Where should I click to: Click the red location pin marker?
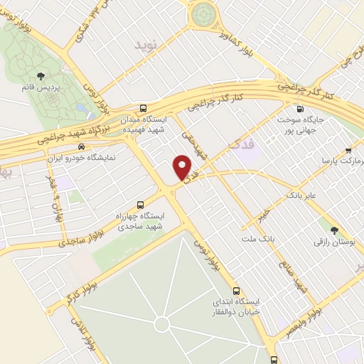point(183,168)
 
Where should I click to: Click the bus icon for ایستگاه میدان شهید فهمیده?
point(144,108)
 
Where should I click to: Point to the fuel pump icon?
point(300,108)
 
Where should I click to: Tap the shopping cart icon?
point(348,150)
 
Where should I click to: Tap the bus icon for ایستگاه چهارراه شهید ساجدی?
point(139,201)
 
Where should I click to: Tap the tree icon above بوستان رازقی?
point(334,230)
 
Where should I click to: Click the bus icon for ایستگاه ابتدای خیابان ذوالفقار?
point(237,291)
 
